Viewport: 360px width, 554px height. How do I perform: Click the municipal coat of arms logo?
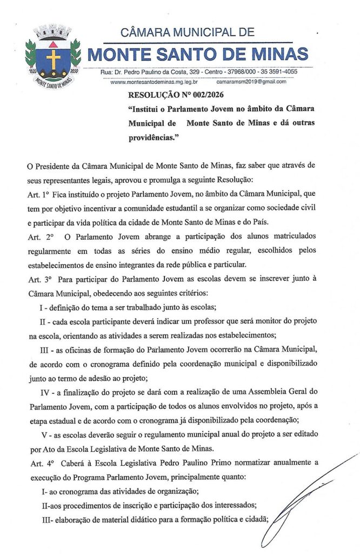tap(53, 56)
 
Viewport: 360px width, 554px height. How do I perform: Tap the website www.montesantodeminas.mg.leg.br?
tap(154, 82)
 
